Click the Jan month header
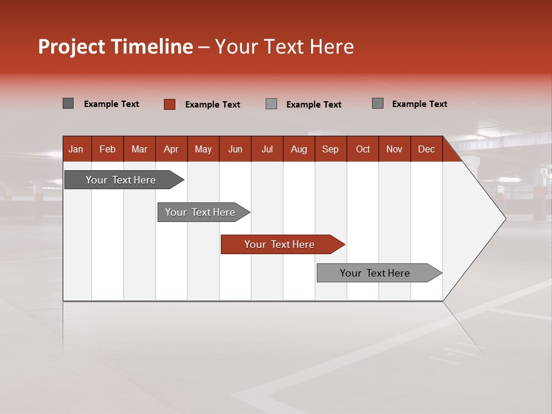pyautogui.click(x=76, y=149)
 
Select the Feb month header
pyautogui.click(x=108, y=149)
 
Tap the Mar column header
pyautogui.click(x=139, y=149)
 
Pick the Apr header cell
pyautogui.click(x=171, y=149)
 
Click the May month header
pyautogui.click(x=203, y=149)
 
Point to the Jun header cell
pyautogui.click(x=235, y=149)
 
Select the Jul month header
pyautogui.click(x=267, y=149)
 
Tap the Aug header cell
pyautogui.click(x=299, y=149)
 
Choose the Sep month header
pyautogui.click(x=331, y=149)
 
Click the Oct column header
pyautogui.click(x=363, y=149)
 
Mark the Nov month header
pyautogui.click(x=394, y=149)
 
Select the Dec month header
pyautogui.click(x=427, y=149)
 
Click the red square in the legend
pyautogui.click(x=170, y=104)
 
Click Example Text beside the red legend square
pyautogui.click(x=212, y=105)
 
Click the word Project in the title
pyautogui.click(x=72, y=47)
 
